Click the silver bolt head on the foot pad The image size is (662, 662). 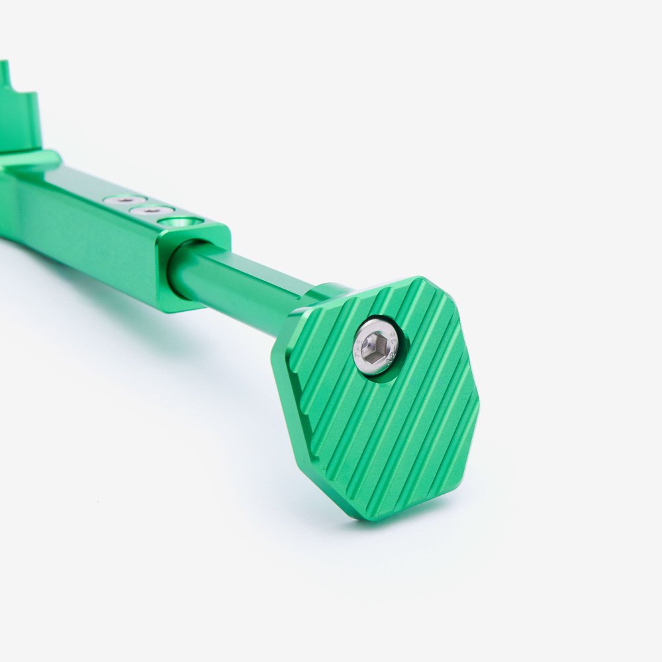point(376,346)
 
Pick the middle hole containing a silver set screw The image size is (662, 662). point(152,211)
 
